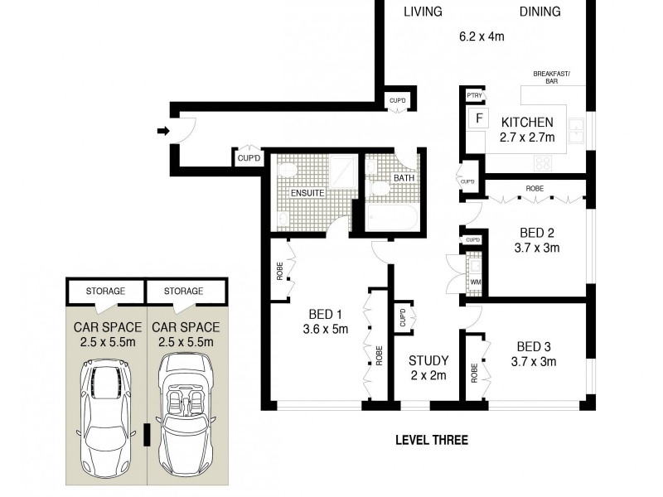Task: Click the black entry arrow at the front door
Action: click(162, 130)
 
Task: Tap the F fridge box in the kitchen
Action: click(478, 118)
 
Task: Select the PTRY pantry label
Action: click(475, 96)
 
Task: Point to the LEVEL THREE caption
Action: click(431, 440)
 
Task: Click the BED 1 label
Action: click(326, 314)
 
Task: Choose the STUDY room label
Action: click(428, 360)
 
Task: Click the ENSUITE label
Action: click(307, 193)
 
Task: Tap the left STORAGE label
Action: click(104, 291)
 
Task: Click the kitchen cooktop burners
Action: click(544, 162)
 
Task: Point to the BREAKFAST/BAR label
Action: click(552, 78)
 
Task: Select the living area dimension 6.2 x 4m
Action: click(482, 36)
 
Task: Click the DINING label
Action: click(540, 12)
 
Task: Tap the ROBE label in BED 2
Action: click(535, 189)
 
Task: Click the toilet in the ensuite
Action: click(288, 170)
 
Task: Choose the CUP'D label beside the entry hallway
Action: click(249, 157)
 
